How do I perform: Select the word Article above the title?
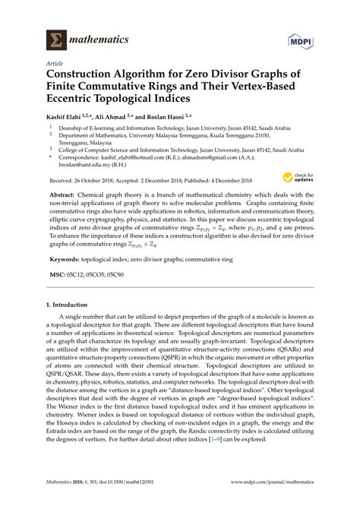click(x=55, y=65)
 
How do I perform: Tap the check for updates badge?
click(x=294, y=177)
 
